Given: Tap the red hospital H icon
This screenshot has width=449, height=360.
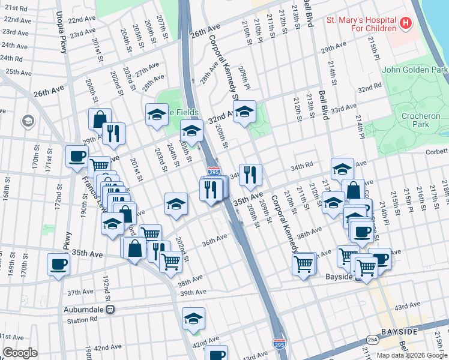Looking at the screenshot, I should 406,24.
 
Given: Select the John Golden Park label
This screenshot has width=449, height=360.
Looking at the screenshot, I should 415,70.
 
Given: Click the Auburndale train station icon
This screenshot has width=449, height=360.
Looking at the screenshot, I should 110,310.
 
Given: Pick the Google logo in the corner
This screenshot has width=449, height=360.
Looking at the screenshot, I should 20,353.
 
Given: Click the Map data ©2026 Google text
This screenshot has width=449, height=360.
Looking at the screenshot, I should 411,355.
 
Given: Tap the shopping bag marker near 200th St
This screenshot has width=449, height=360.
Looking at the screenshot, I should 99,119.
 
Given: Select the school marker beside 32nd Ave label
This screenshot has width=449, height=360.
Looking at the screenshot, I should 244,112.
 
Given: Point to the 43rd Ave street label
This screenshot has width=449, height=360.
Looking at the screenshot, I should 407,307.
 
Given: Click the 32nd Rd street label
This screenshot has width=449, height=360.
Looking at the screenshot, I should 369,87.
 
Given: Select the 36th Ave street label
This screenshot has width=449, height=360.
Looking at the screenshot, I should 214,240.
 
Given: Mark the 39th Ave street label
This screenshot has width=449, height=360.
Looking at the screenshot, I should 193,292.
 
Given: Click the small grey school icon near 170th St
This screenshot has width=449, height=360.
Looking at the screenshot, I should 28,122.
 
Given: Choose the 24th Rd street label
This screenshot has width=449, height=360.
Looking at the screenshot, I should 11,58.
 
